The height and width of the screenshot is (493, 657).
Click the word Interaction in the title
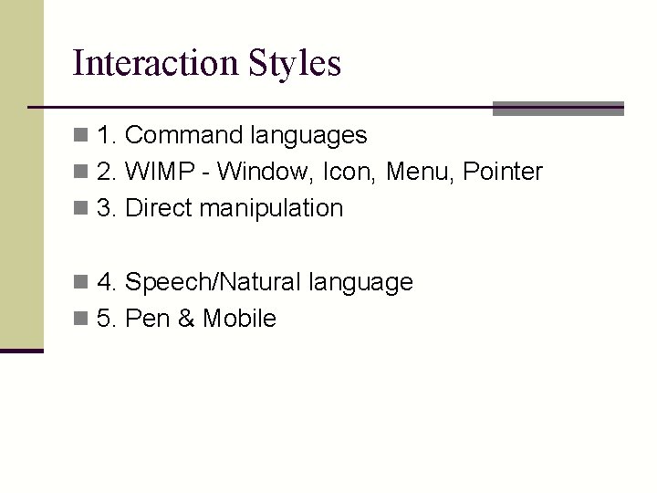click(154, 63)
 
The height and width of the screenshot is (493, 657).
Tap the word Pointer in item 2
click(503, 172)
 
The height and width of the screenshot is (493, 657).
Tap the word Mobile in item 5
click(239, 319)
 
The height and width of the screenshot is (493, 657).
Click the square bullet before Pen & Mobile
click(81, 320)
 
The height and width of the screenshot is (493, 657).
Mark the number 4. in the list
click(106, 282)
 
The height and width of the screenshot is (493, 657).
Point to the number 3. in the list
click(106, 208)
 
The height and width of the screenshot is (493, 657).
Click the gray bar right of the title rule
click(558, 109)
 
